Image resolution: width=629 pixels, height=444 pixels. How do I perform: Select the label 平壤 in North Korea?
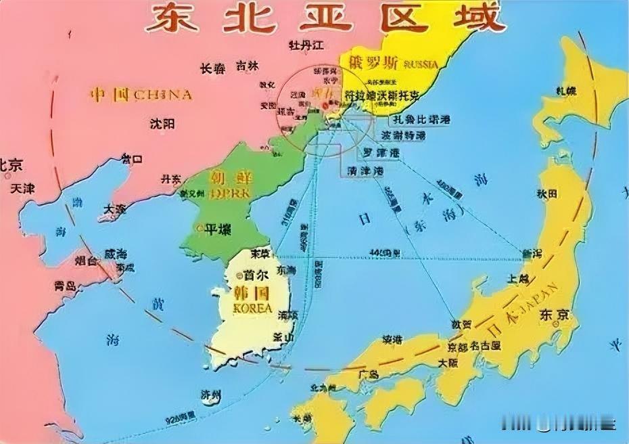click(x=218, y=229)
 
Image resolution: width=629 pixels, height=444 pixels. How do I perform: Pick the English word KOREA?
click(x=252, y=308)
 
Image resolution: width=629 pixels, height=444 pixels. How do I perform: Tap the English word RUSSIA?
click(x=421, y=64)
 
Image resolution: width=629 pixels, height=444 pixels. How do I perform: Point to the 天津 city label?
click(x=22, y=188)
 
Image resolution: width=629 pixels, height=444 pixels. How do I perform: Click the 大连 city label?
click(x=115, y=209)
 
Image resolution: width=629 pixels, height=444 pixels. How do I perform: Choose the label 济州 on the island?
click(x=210, y=395)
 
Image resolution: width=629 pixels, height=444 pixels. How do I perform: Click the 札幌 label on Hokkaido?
click(x=566, y=91)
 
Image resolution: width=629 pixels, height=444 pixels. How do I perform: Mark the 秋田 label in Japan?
click(x=547, y=194)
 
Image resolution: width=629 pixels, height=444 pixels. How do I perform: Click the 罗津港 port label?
click(x=381, y=152)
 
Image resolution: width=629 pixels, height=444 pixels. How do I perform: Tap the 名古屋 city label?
click(x=485, y=346)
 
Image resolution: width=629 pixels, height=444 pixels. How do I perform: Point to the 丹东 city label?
click(x=170, y=179)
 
